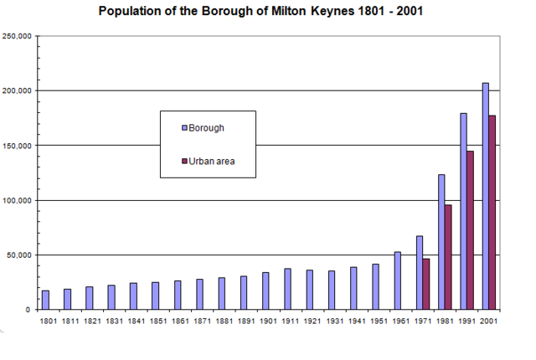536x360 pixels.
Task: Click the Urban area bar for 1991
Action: pos(471,230)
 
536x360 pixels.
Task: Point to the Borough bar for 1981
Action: pos(441,242)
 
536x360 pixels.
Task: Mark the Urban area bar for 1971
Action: pos(426,284)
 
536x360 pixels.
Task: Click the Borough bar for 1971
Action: pos(420,273)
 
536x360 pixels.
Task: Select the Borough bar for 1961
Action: pos(398,280)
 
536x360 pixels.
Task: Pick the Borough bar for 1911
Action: pos(287,289)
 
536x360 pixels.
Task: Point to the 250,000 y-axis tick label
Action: pos(18,37)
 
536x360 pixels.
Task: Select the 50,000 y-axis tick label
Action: pos(19,255)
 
